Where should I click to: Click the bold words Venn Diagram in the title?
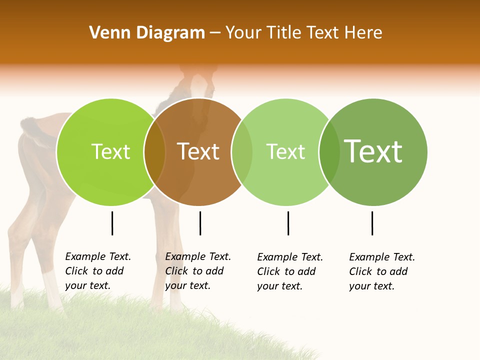tap(147, 33)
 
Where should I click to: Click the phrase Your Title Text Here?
tap(303, 33)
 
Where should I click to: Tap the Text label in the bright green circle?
tap(110, 151)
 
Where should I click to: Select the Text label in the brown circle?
tap(198, 151)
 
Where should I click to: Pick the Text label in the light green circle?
tap(285, 151)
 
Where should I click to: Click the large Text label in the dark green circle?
tap(373, 151)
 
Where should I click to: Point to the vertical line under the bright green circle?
tap(112, 223)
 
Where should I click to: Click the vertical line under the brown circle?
tap(200, 223)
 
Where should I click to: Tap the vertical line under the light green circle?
tap(288, 223)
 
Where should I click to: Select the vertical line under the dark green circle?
tap(372, 223)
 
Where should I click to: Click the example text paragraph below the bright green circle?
tap(98, 271)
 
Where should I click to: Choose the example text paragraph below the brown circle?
tap(198, 271)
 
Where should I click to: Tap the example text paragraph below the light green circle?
tap(290, 271)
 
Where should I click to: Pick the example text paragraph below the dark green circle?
tap(382, 271)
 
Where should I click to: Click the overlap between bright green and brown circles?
tap(154, 151)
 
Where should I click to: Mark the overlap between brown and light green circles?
tap(242, 151)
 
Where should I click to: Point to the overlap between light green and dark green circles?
tap(329, 151)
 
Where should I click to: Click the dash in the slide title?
tap(215, 33)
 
